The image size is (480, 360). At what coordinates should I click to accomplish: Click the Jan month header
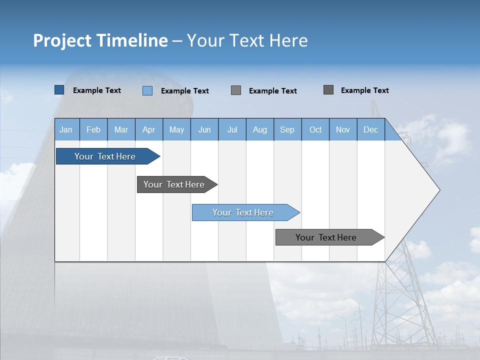[66, 129]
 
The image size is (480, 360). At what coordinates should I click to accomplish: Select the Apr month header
[149, 129]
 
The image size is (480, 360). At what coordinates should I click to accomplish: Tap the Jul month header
[232, 129]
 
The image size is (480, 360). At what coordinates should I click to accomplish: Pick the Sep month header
[287, 129]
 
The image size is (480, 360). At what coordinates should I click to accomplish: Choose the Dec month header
[370, 129]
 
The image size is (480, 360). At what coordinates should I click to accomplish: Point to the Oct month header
[315, 129]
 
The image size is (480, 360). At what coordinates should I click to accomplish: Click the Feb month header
[93, 129]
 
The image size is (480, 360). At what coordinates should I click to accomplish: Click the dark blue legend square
[59, 90]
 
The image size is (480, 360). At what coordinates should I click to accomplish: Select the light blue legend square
[147, 90]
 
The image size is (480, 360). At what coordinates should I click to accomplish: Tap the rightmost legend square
[328, 90]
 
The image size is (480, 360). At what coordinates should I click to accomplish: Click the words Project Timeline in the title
[100, 40]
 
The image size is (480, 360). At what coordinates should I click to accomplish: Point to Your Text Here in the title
[247, 40]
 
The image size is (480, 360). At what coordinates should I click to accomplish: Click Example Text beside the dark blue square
[97, 90]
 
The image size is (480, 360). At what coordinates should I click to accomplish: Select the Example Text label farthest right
[364, 90]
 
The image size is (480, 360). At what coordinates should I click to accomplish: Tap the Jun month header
[204, 129]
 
